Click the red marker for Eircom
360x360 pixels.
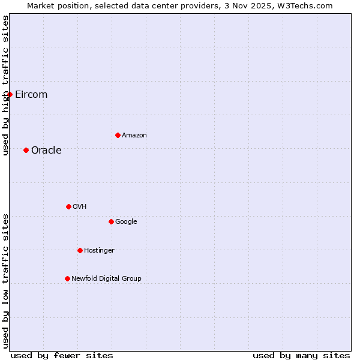click(10, 94)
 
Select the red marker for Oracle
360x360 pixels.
click(26, 150)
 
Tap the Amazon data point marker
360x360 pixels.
click(118, 135)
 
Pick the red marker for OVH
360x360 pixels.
click(68, 206)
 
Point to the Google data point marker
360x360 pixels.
click(111, 221)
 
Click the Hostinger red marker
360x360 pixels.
click(80, 250)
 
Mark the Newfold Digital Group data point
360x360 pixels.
click(67, 278)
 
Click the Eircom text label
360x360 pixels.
click(31, 95)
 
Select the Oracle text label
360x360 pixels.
click(46, 151)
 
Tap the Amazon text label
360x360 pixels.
click(134, 136)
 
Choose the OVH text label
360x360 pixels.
click(80, 207)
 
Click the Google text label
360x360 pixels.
click(126, 222)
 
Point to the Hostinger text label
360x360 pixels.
click(99, 251)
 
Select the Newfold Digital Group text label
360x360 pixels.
click(106, 279)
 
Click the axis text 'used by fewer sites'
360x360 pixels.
click(62, 355)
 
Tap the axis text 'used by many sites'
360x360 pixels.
click(301, 355)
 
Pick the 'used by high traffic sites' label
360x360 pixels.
click(5, 85)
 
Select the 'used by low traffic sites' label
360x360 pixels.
click(5, 281)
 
